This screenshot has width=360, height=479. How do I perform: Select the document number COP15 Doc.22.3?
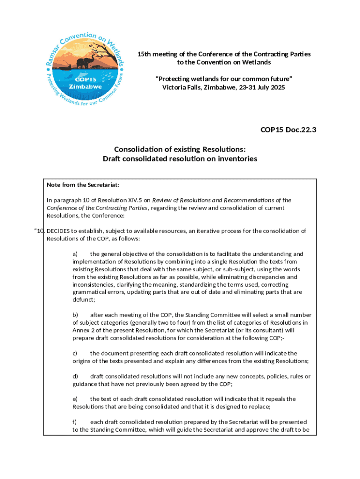288,130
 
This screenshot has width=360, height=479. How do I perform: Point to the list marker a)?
75,254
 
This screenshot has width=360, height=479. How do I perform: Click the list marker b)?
75,315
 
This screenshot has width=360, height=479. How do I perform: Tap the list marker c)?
75,353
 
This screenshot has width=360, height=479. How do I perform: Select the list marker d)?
75,377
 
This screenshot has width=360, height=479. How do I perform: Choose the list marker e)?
75,399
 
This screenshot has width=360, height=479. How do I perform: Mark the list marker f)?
75,422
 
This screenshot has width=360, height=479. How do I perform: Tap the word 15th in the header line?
144,54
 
